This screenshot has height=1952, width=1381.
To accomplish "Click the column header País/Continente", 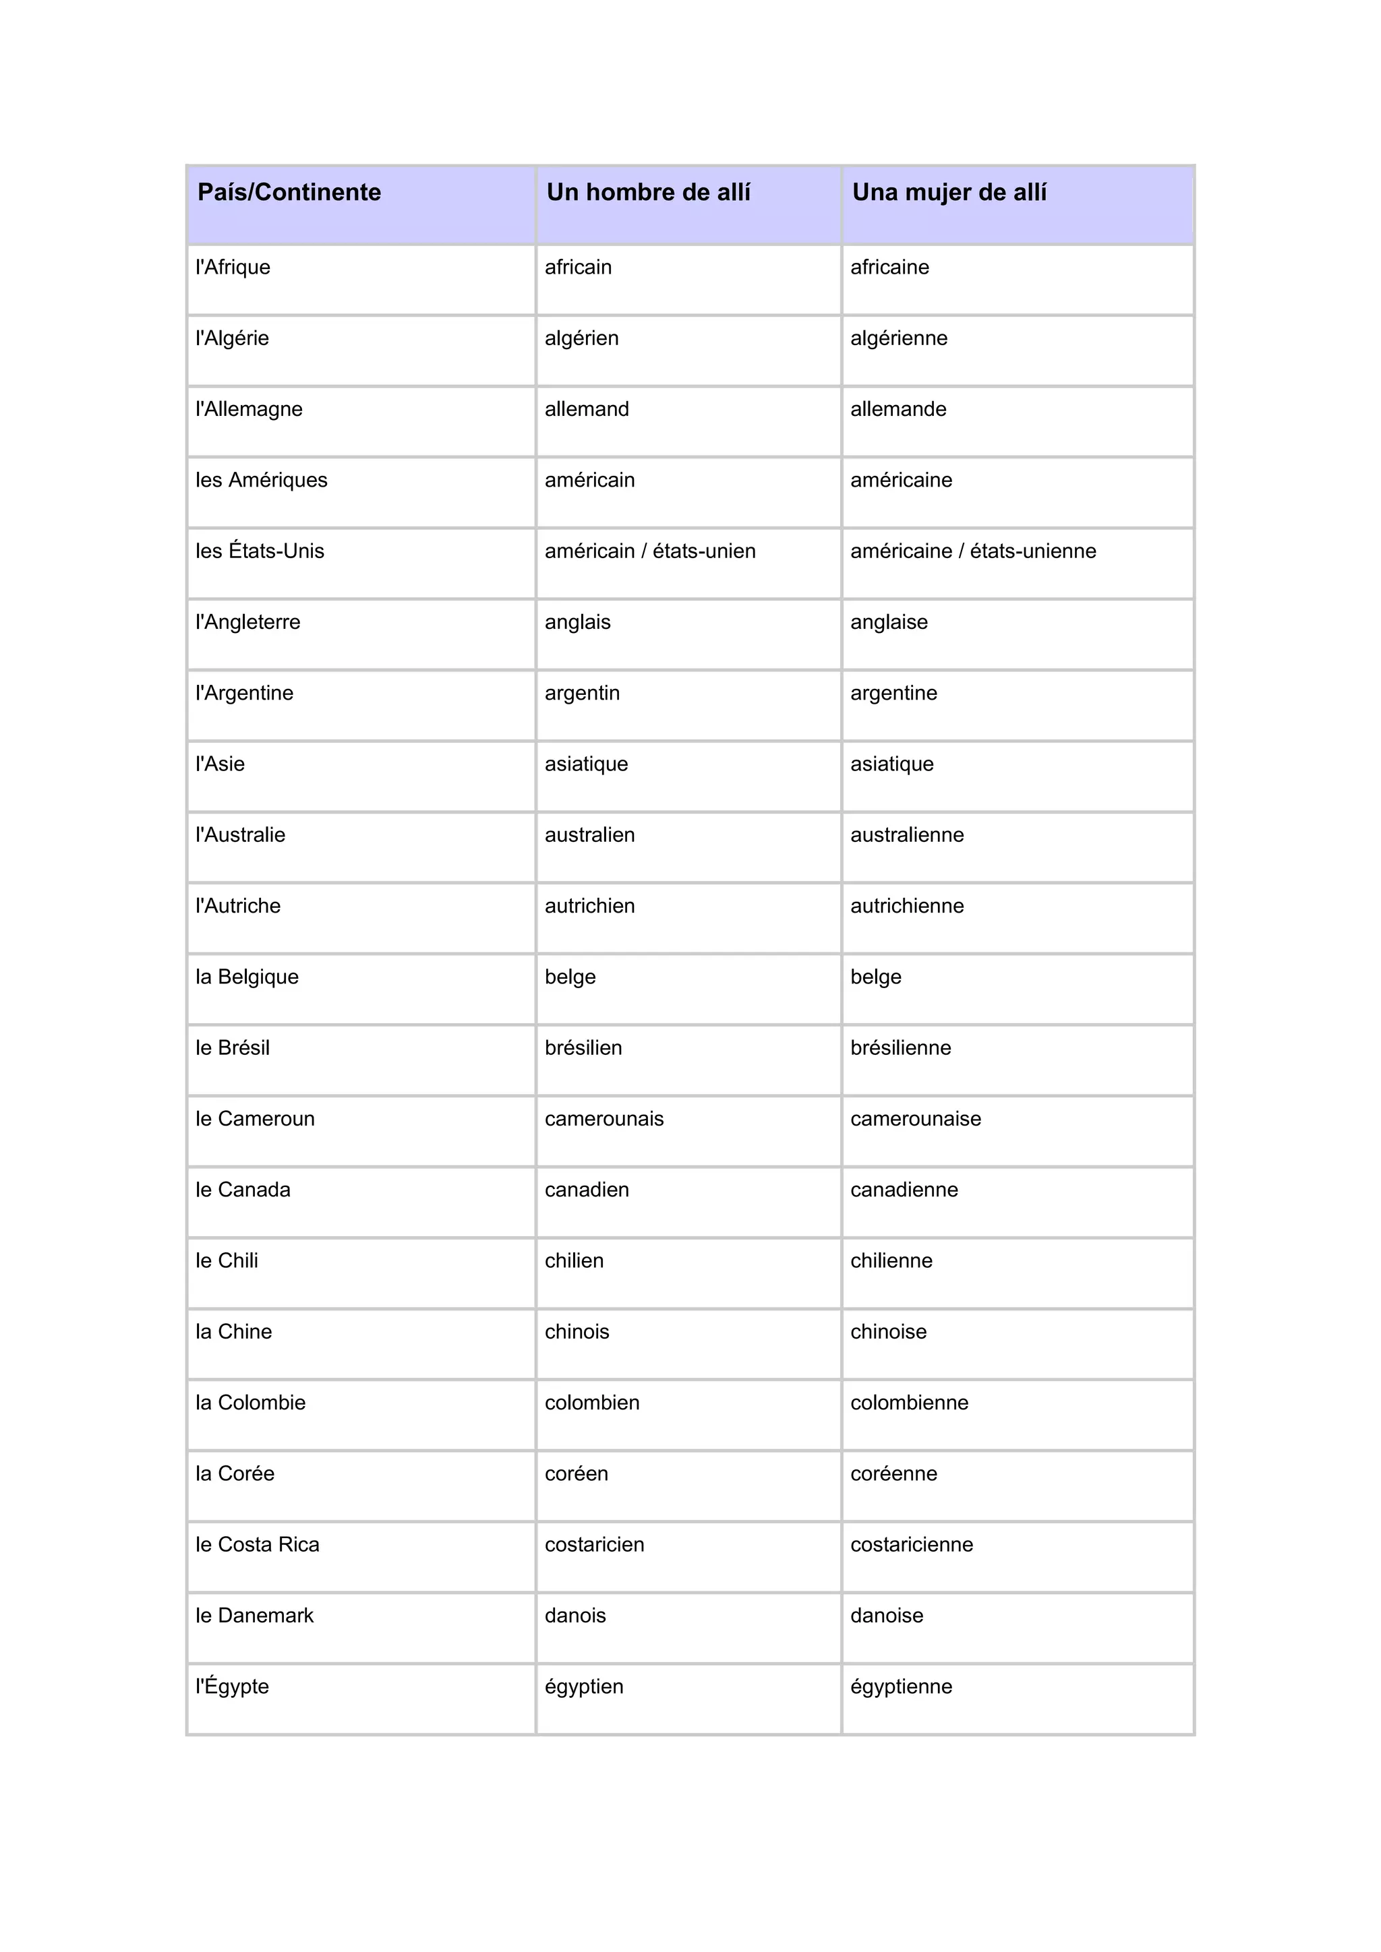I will click(x=289, y=193).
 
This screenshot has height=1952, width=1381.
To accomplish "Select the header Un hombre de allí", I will click(x=648, y=193).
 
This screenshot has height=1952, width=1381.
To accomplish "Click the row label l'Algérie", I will click(x=232, y=338).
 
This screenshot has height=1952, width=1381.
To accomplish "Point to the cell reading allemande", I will click(x=898, y=409).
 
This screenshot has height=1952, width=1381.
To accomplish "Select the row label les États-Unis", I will click(x=260, y=551).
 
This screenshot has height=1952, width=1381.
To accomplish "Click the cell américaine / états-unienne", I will click(x=973, y=551).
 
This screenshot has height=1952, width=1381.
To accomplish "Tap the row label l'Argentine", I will click(x=244, y=693).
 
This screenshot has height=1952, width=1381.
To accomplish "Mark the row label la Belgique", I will click(x=247, y=977).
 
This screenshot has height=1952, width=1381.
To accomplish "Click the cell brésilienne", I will click(x=900, y=1048).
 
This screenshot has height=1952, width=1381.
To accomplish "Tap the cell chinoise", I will click(x=888, y=1332).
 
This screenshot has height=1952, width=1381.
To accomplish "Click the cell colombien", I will click(x=592, y=1403).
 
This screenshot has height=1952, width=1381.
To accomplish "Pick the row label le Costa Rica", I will click(x=257, y=1545).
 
